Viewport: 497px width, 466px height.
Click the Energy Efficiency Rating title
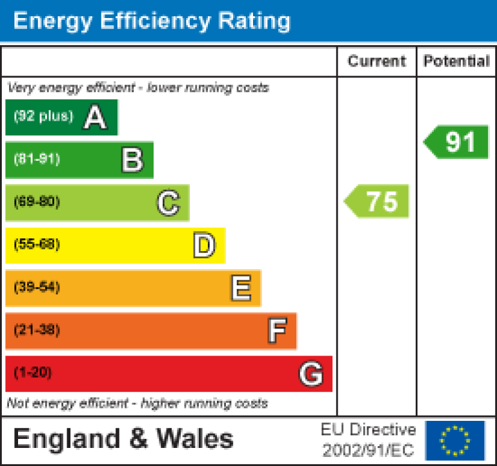[152, 21]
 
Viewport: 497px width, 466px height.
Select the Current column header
[377, 61]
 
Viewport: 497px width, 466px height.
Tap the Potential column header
[456, 61]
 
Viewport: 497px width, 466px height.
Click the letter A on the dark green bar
[95, 117]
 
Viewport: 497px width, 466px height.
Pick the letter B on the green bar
[132, 160]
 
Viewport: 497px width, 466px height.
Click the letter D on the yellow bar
[204, 246]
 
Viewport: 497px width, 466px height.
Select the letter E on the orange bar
[241, 289]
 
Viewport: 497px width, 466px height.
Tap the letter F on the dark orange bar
[277, 331]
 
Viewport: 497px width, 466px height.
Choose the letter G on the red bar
[311, 374]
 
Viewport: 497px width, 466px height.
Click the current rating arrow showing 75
[378, 201]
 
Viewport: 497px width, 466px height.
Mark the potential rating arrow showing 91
[457, 142]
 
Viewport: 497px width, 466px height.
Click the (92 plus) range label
[44, 117]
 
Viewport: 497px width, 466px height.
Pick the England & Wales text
[123, 440]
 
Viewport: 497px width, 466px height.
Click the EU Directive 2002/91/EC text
[369, 440]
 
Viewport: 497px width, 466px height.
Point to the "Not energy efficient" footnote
[137, 403]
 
